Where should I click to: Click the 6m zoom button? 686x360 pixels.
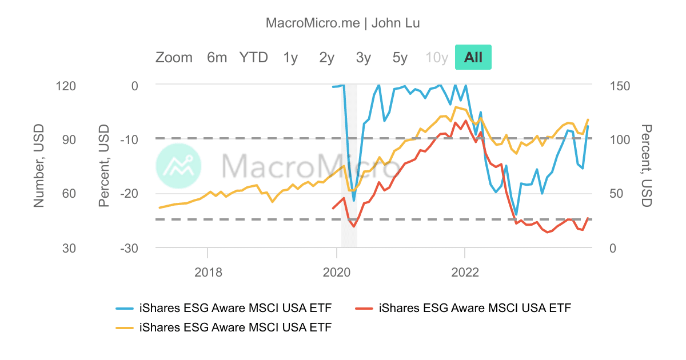coord(217,57)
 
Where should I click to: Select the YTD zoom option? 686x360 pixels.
coord(253,57)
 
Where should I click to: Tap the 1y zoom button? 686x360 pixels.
coord(290,57)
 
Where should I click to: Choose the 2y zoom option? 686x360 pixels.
coord(327,57)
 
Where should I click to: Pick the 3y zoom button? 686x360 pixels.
coord(364,57)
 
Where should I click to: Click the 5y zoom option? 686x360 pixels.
coord(400,57)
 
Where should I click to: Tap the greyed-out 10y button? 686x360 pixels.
coord(437,57)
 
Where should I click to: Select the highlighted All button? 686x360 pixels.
coord(473,57)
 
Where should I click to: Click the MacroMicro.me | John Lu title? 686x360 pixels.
coord(343,23)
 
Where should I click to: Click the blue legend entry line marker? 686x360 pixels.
coord(125,309)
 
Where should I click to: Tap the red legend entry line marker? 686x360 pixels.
coord(364,309)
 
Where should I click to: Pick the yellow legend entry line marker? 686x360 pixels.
coord(125,327)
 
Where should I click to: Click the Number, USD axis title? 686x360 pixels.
coord(39,166)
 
